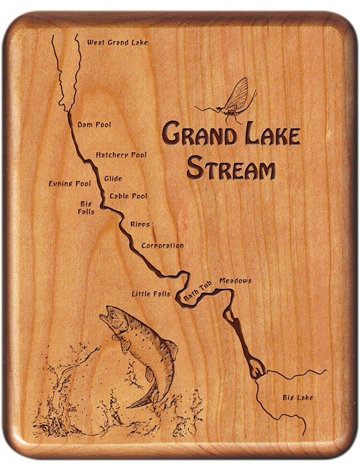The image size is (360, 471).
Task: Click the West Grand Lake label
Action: [x=117, y=42]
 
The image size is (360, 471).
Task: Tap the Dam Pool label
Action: [x=94, y=125]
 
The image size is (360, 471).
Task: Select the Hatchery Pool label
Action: [x=121, y=155]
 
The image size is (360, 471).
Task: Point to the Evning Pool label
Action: [x=69, y=184]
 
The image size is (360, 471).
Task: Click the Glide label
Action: [x=113, y=179]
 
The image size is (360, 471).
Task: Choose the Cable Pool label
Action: [x=128, y=197]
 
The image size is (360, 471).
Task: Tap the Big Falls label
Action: [x=87, y=208]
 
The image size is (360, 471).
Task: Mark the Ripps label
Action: [x=140, y=224]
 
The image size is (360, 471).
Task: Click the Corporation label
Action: [x=162, y=245]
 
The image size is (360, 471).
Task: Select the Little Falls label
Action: [x=151, y=294]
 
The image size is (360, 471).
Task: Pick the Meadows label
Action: [x=235, y=281]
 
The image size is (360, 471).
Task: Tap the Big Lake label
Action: [x=297, y=398]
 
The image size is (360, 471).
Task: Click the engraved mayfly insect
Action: [x=231, y=101]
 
